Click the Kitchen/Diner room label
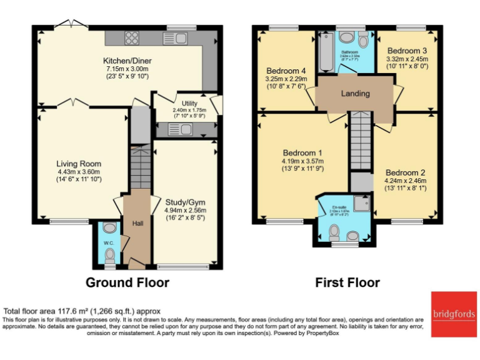[x=127, y=61]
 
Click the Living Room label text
[x=79, y=164]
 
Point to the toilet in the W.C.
[x=111, y=254]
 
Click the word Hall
[x=137, y=223]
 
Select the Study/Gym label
[x=185, y=202]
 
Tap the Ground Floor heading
[x=127, y=282]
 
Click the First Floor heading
[x=347, y=282]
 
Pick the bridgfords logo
[x=453, y=313]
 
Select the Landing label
[x=355, y=94]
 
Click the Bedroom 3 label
[x=407, y=51]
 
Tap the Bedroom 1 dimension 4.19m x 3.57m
[x=302, y=161]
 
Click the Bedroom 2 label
[x=405, y=172]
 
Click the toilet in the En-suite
[x=334, y=232]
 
